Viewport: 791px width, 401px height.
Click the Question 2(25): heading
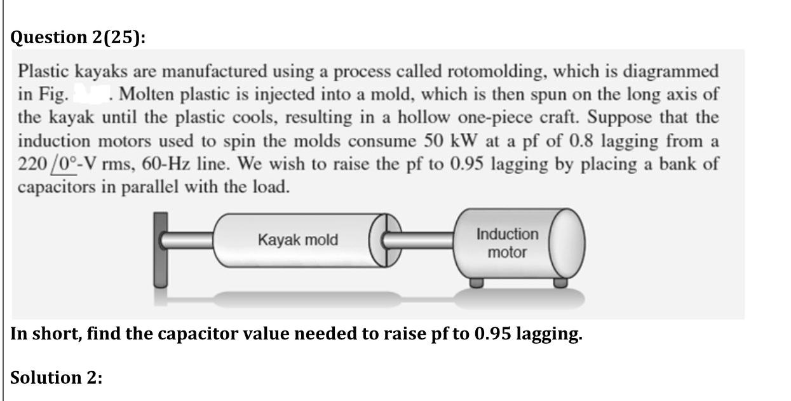(78, 37)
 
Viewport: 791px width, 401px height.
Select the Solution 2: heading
(57, 377)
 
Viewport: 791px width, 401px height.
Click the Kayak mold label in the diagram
(298, 240)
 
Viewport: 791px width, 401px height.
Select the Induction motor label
(507, 243)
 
